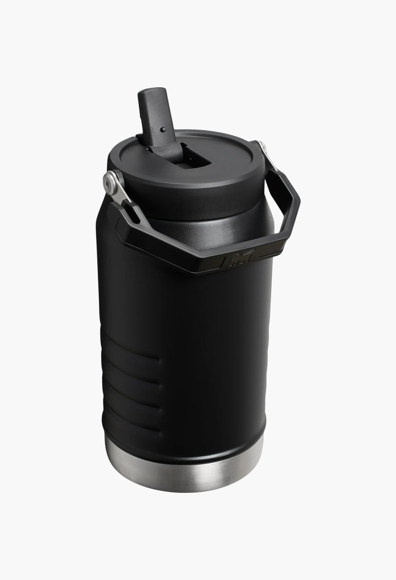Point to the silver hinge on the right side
click(261, 147)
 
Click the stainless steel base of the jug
click(184, 473)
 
